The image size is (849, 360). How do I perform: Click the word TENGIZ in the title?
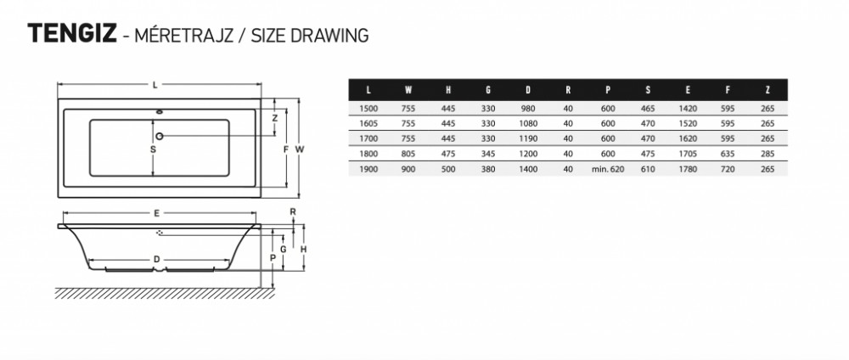(x=72, y=34)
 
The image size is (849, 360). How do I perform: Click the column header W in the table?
(x=408, y=90)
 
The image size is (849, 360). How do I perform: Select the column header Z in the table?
(x=767, y=90)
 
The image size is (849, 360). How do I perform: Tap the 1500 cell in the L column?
(x=368, y=109)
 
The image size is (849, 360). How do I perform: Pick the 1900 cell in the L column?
(x=368, y=169)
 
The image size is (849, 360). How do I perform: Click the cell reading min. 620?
(x=608, y=169)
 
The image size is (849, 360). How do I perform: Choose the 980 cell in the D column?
(x=528, y=109)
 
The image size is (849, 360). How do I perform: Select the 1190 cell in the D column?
(x=528, y=138)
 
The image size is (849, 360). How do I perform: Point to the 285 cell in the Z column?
(x=767, y=154)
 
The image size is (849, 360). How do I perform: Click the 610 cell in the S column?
(x=648, y=169)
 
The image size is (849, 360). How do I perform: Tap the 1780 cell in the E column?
(x=688, y=169)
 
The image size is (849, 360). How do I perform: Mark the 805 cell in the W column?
(x=408, y=154)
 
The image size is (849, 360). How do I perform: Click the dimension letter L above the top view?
(x=155, y=84)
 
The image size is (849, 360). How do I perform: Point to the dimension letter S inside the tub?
(x=153, y=149)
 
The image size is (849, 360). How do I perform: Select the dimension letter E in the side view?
(x=156, y=213)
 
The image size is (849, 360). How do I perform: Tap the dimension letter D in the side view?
(x=156, y=259)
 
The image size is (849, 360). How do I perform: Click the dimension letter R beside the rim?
(x=293, y=212)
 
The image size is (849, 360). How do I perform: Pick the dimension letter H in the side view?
(x=304, y=250)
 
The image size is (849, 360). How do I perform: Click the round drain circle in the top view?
(x=160, y=135)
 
